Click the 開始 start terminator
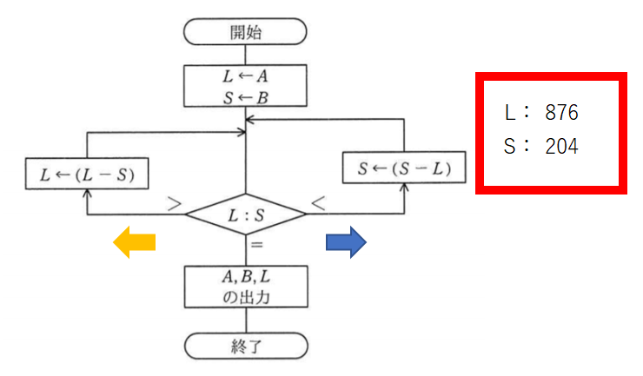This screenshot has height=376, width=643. point(246,33)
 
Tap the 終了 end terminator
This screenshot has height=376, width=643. point(246,347)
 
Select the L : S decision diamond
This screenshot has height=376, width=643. point(246,214)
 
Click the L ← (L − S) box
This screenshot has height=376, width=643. point(85,174)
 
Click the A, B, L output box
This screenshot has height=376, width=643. point(246,287)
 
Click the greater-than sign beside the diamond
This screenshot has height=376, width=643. point(174,206)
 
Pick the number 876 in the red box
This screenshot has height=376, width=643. point(561,113)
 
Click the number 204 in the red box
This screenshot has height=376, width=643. point(561,147)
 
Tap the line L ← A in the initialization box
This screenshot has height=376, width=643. point(246,76)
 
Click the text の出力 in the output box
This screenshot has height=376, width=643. point(246,296)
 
